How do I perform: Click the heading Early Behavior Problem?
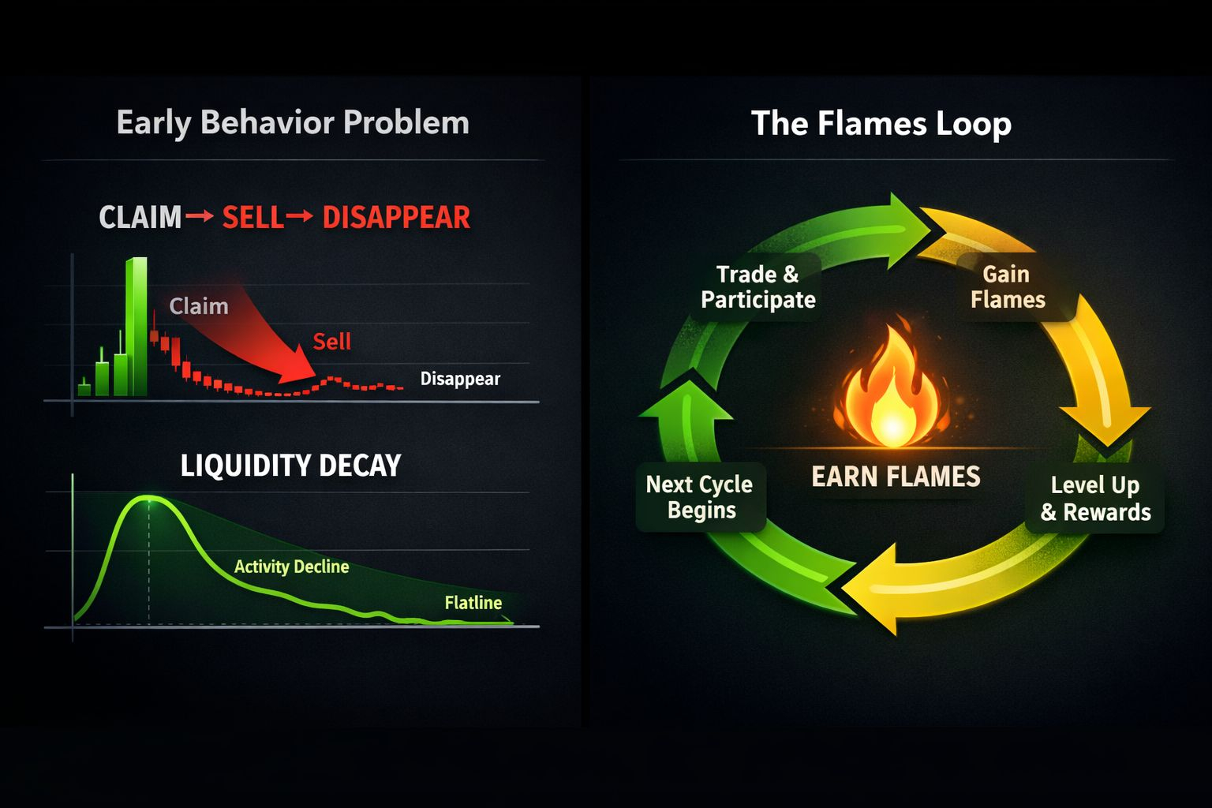click(x=293, y=123)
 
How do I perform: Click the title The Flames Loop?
click(x=881, y=124)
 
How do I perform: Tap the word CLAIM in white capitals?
click(x=140, y=217)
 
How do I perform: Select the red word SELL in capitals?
click(x=252, y=217)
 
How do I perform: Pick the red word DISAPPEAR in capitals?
click(x=396, y=217)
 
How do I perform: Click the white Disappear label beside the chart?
click(x=460, y=379)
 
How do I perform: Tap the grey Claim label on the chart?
click(x=199, y=306)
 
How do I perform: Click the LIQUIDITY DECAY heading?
click(x=290, y=466)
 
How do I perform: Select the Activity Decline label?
click(x=291, y=567)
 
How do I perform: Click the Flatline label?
click(x=473, y=603)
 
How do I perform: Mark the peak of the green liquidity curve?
click(x=148, y=498)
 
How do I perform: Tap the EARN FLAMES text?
click(x=896, y=477)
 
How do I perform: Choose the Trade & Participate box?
click(x=757, y=286)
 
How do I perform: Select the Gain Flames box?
click(x=1008, y=286)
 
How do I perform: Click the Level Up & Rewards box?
click(x=1095, y=499)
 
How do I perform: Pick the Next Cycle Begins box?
click(x=700, y=497)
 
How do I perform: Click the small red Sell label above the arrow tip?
click(x=331, y=342)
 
